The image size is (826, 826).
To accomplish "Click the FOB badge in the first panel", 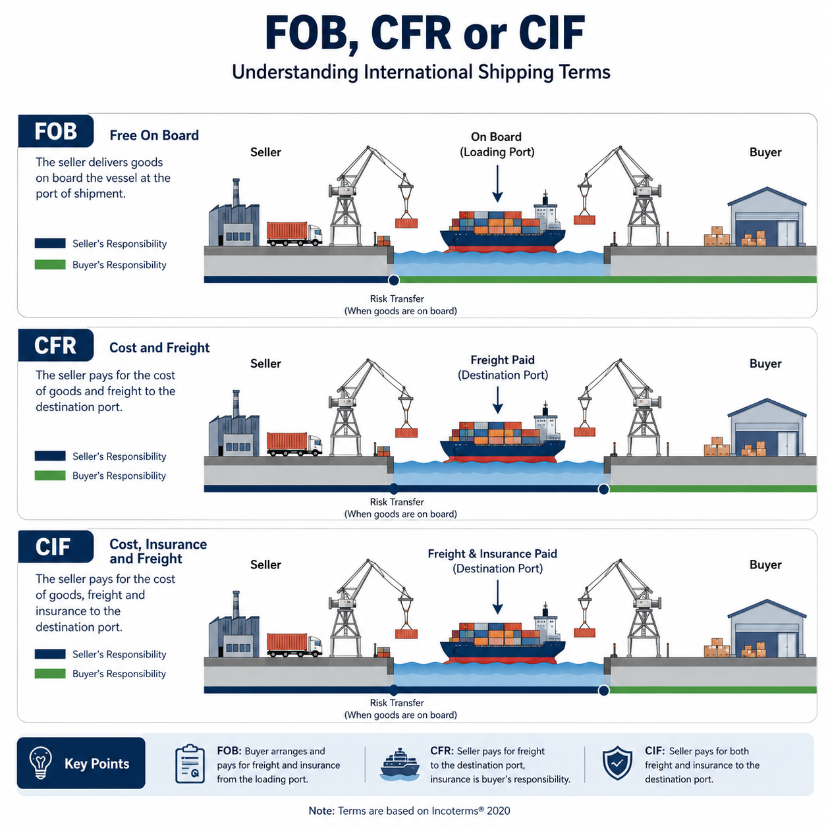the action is click(x=56, y=131).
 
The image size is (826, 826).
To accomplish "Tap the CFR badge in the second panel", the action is click(x=56, y=345).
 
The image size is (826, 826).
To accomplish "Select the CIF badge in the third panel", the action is click(x=56, y=547).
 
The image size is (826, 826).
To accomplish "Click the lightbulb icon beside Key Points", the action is click(x=41, y=763).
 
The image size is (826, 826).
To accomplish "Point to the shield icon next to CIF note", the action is click(x=617, y=763).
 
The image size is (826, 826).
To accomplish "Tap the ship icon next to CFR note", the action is click(x=400, y=764).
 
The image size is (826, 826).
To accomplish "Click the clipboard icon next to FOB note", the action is click(x=190, y=764).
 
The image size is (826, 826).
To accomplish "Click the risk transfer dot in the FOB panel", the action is click(x=393, y=281).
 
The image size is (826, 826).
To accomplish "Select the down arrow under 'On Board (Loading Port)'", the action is click(x=497, y=184).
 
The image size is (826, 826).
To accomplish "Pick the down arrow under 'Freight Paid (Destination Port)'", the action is click(x=497, y=400).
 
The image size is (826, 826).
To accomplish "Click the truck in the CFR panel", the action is click(x=294, y=444).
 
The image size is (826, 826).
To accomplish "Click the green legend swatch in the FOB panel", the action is click(x=50, y=265).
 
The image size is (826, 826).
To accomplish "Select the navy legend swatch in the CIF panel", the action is click(x=50, y=654).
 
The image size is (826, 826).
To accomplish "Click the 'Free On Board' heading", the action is click(x=154, y=136).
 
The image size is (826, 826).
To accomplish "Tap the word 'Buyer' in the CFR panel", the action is click(x=765, y=364).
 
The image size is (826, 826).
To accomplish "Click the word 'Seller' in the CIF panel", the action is click(x=265, y=564).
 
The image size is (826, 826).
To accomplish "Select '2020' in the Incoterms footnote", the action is click(x=499, y=811).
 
